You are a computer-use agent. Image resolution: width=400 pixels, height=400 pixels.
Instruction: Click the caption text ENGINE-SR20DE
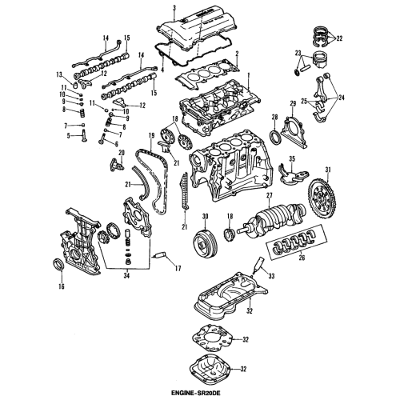(x=199, y=392)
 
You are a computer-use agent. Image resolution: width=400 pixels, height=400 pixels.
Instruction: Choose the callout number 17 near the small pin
(x=178, y=269)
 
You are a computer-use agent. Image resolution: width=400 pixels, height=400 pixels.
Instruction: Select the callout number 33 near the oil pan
(x=271, y=276)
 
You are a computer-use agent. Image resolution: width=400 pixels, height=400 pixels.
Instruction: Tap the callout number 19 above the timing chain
(x=150, y=135)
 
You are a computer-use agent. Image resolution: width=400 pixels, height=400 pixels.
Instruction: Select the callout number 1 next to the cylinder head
(x=249, y=74)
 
